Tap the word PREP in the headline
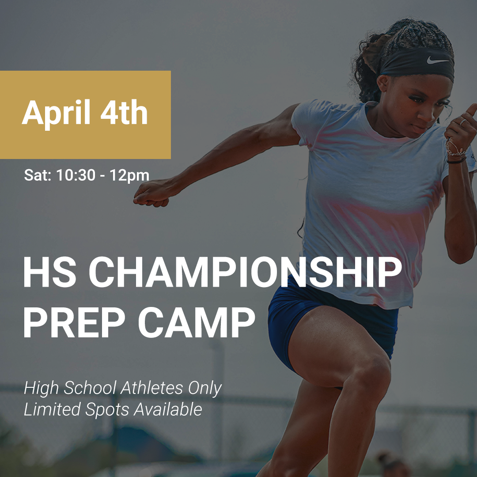[78, 322]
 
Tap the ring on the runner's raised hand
[462, 122]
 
